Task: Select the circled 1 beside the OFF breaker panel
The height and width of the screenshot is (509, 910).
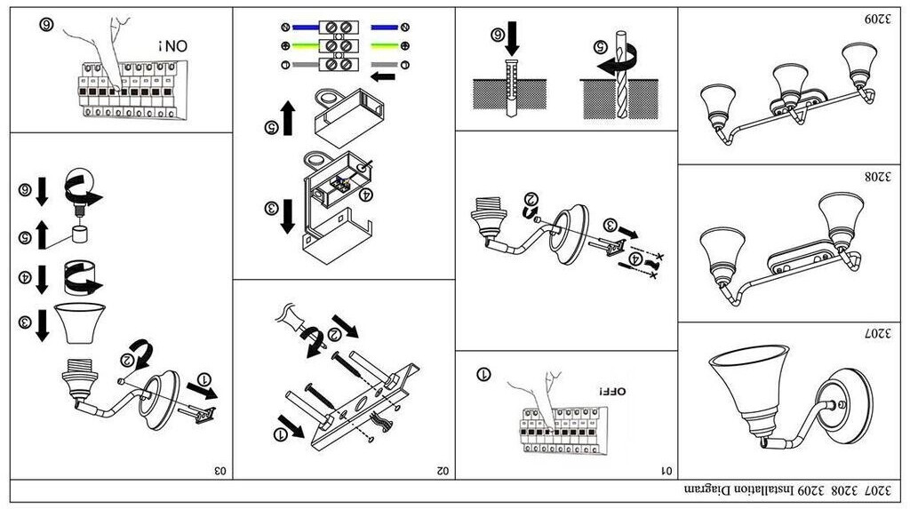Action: pyautogui.click(x=484, y=374)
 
